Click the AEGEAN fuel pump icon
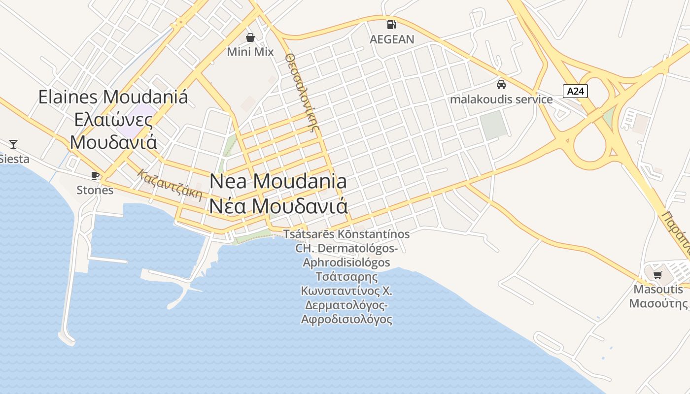(x=391, y=24)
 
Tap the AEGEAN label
(x=392, y=39)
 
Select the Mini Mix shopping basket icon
(x=250, y=37)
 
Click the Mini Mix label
(x=250, y=51)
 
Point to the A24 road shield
(x=576, y=91)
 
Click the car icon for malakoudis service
(x=501, y=84)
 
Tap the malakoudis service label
(x=501, y=99)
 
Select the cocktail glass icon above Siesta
(x=13, y=144)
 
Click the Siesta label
(x=14, y=159)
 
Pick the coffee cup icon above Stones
(x=95, y=175)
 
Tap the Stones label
(x=95, y=190)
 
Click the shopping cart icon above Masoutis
(x=658, y=275)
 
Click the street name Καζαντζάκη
(x=171, y=185)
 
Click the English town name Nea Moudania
(x=278, y=181)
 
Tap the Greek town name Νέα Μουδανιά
(x=278, y=206)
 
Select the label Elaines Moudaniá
(x=113, y=97)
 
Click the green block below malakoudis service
(x=494, y=125)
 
